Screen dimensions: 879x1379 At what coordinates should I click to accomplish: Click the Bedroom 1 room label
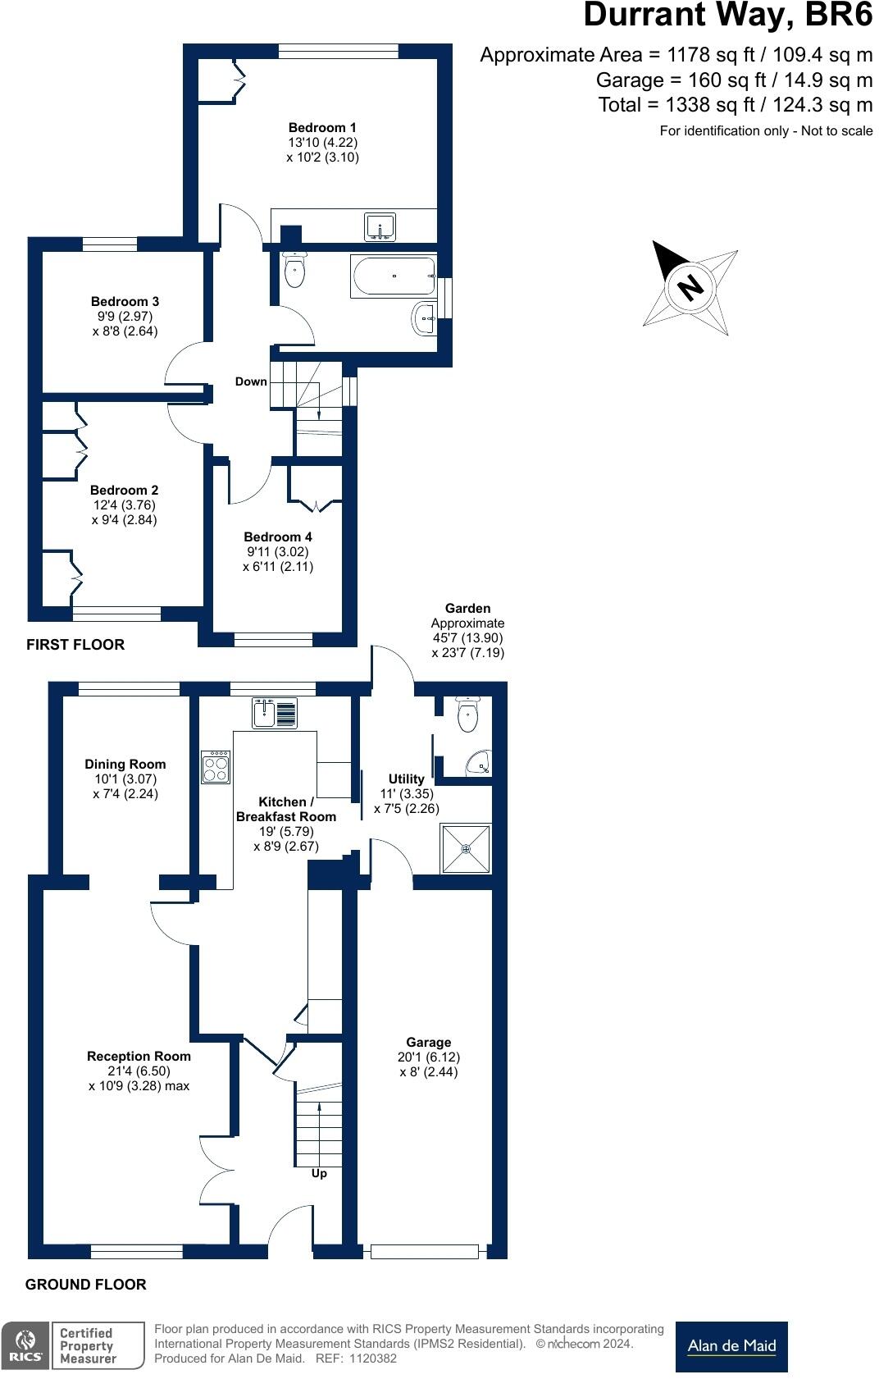pyautogui.click(x=322, y=128)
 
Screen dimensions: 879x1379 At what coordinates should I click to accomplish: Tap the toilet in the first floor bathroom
pyautogui.click(x=295, y=270)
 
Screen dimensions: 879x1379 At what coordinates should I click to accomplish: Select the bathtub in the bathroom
pyautogui.click(x=394, y=276)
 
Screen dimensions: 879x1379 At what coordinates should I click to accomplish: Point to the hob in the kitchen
pyautogui.click(x=216, y=767)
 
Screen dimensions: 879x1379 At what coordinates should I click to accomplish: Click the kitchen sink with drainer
pyautogui.click(x=275, y=713)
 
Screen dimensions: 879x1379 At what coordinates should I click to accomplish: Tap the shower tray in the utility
pyautogui.click(x=466, y=849)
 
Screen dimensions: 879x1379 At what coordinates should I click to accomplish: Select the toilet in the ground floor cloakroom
pyautogui.click(x=468, y=715)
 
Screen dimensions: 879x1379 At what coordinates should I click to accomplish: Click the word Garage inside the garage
pyautogui.click(x=428, y=1043)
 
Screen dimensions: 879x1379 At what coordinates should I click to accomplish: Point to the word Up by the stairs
pyautogui.click(x=319, y=1173)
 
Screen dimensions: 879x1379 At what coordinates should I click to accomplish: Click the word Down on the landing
pyautogui.click(x=251, y=381)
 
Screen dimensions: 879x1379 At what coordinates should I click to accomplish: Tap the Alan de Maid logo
pyautogui.click(x=732, y=1346)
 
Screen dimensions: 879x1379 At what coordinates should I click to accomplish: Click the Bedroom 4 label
pyautogui.click(x=278, y=537)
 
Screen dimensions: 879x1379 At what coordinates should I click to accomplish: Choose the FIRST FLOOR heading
pyautogui.click(x=75, y=645)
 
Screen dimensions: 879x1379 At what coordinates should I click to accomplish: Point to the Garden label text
pyautogui.click(x=468, y=608)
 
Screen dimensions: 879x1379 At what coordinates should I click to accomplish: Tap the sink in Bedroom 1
pyautogui.click(x=380, y=227)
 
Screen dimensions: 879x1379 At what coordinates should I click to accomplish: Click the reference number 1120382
pyautogui.click(x=373, y=1358)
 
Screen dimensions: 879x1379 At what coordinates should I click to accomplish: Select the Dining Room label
pyautogui.click(x=125, y=765)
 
